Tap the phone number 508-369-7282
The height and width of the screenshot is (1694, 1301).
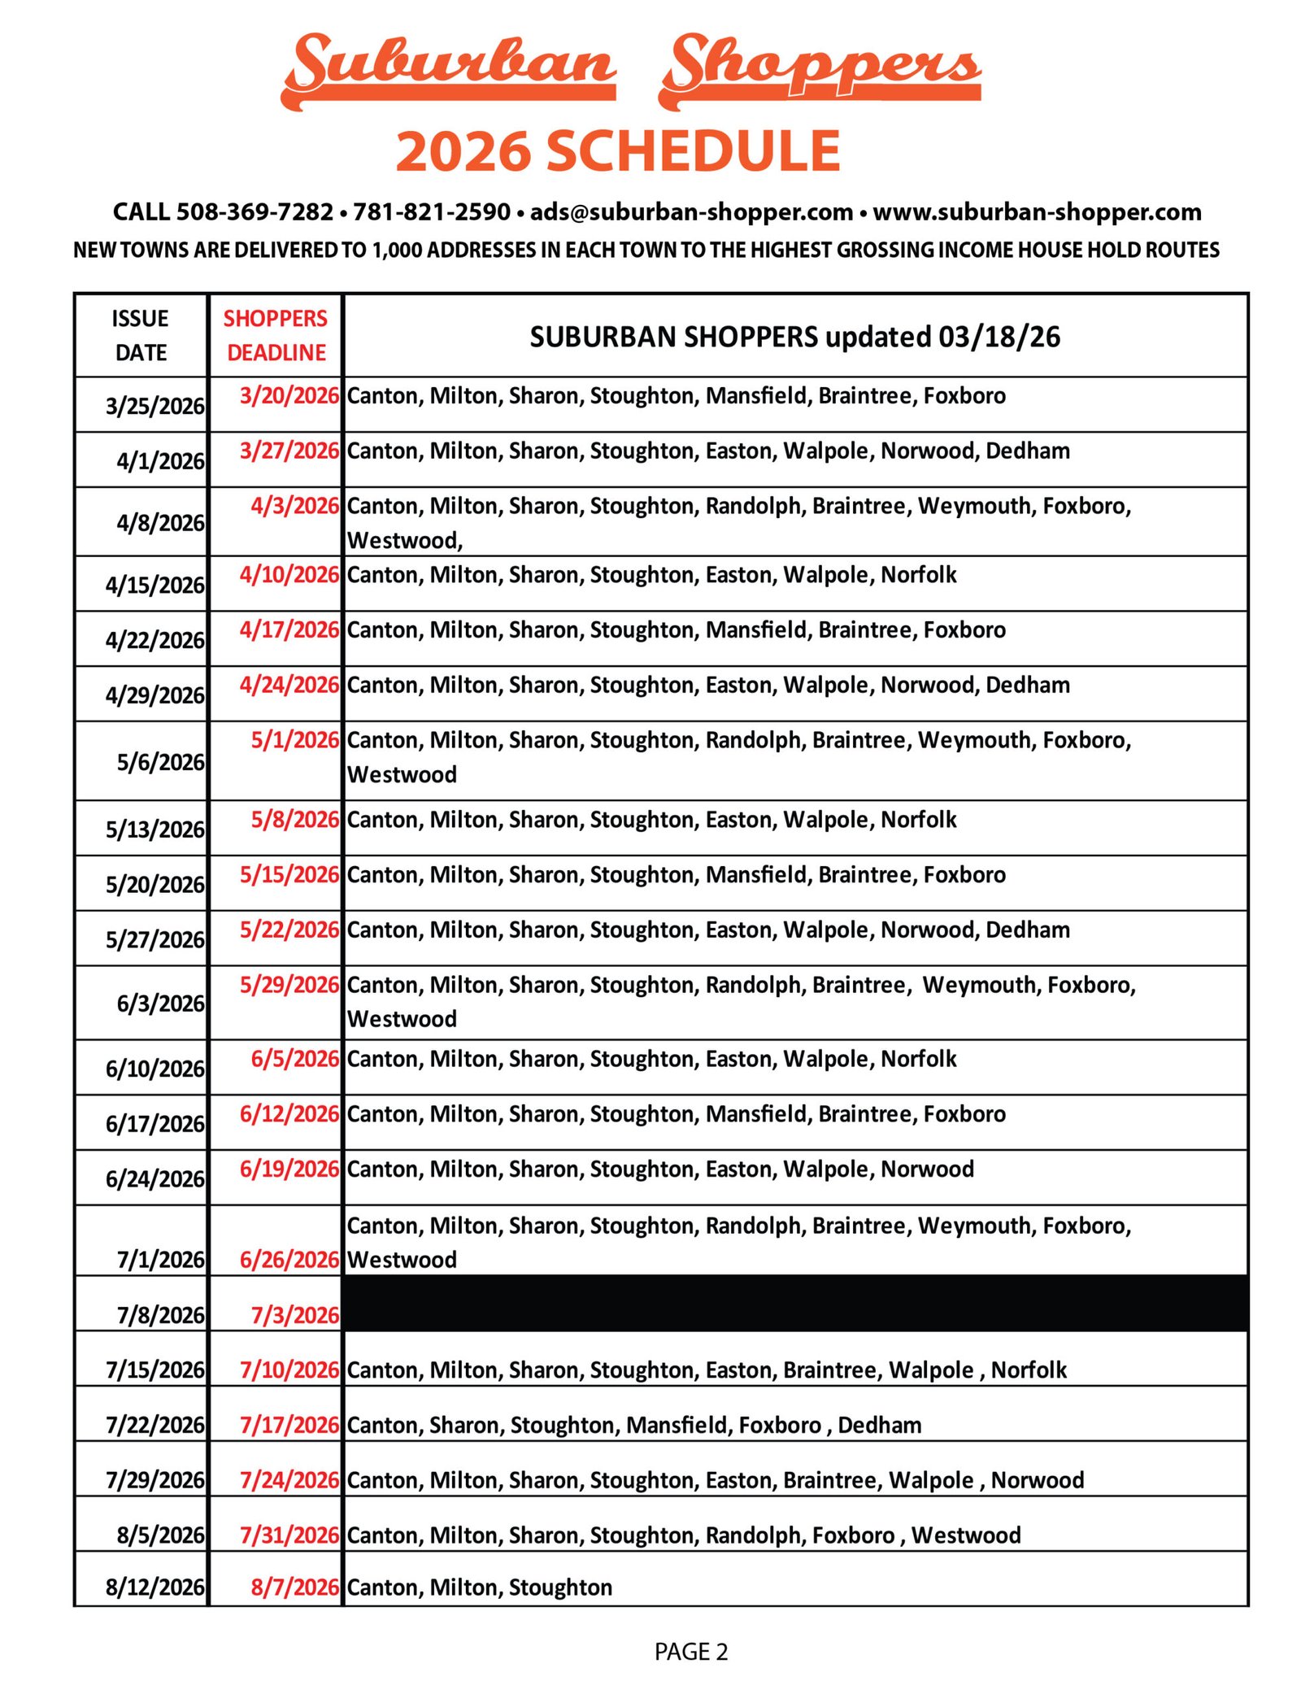tap(255, 211)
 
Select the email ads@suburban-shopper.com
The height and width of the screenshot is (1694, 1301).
tap(690, 211)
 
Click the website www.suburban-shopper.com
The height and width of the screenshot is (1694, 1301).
tap(1036, 211)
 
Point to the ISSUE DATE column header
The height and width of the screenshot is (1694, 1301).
tap(141, 335)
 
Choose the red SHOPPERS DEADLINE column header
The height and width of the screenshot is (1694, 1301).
tap(276, 335)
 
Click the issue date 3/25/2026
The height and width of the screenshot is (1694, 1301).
tap(154, 405)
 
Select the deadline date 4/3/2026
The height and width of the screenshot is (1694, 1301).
tap(294, 506)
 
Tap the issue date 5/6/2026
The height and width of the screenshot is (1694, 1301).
tap(160, 762)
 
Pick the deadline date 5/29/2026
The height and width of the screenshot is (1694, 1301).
tap(289, 985)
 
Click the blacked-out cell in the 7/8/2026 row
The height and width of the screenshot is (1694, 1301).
tap(794, 1303)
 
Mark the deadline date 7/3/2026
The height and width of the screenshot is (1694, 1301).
tap(294, 1315)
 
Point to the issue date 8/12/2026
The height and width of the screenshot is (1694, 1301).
tap(154, 1587)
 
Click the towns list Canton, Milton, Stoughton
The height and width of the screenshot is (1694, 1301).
tap(479, 1587)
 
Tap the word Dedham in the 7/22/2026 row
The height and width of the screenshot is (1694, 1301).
tap(879, 1425)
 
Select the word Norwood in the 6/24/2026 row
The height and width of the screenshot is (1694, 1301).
tap(927, 1169)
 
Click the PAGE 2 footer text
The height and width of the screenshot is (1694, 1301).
tap(690, 1652)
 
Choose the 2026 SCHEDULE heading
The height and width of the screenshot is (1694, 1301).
tap(617, 151)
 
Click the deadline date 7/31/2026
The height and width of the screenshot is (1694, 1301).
tap(289, 1535)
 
